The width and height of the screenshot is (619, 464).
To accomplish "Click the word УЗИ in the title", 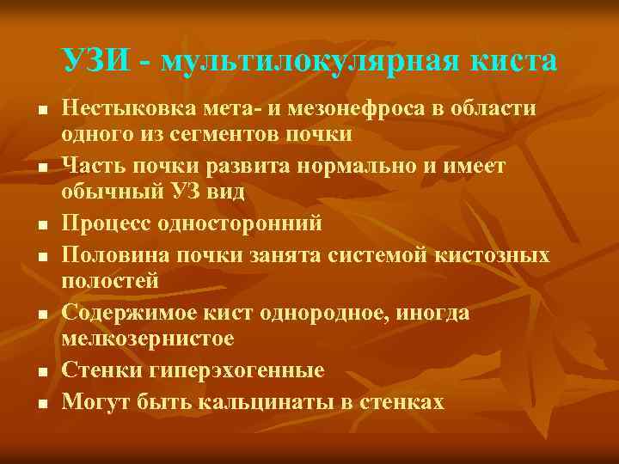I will pyautogui.click(x=95, y=61).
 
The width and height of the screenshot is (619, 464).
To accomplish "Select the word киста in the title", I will pyautogui.click(x=513, y=61).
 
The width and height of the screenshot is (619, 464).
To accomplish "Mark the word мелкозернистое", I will pyautogui.click(x=148, y=339).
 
